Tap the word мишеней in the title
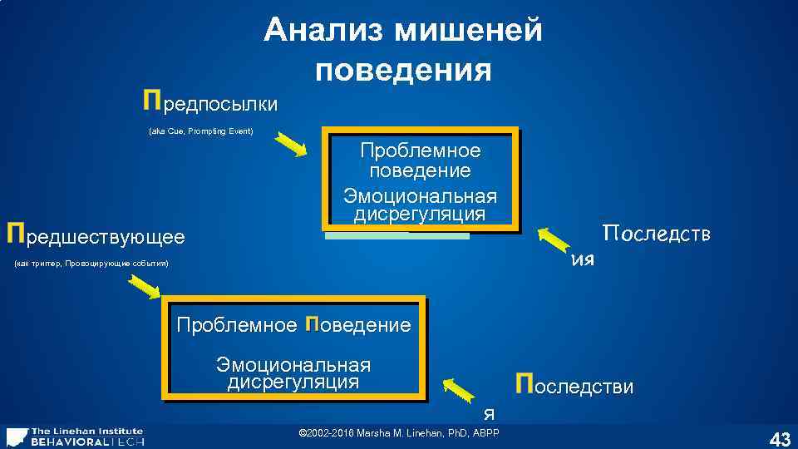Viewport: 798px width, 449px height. tap(468, 31)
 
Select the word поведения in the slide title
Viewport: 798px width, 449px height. tap(403, 70)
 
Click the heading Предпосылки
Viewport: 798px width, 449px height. tap(210, 103)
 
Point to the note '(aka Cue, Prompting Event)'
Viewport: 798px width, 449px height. tap(200, 131)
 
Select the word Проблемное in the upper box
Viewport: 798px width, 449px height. tap(420, 151)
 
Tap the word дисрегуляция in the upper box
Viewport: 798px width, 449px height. tap(420, 215)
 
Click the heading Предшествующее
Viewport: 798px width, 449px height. tap(96, 236)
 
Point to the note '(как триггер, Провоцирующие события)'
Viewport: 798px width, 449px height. tap(91, 264)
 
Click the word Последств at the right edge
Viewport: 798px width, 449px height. tap(657, 233)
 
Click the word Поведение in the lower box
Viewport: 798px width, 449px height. tap(358, 324)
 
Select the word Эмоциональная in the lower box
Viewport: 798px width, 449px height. tap(293, 365)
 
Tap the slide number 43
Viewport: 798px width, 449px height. tap(779, 438)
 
